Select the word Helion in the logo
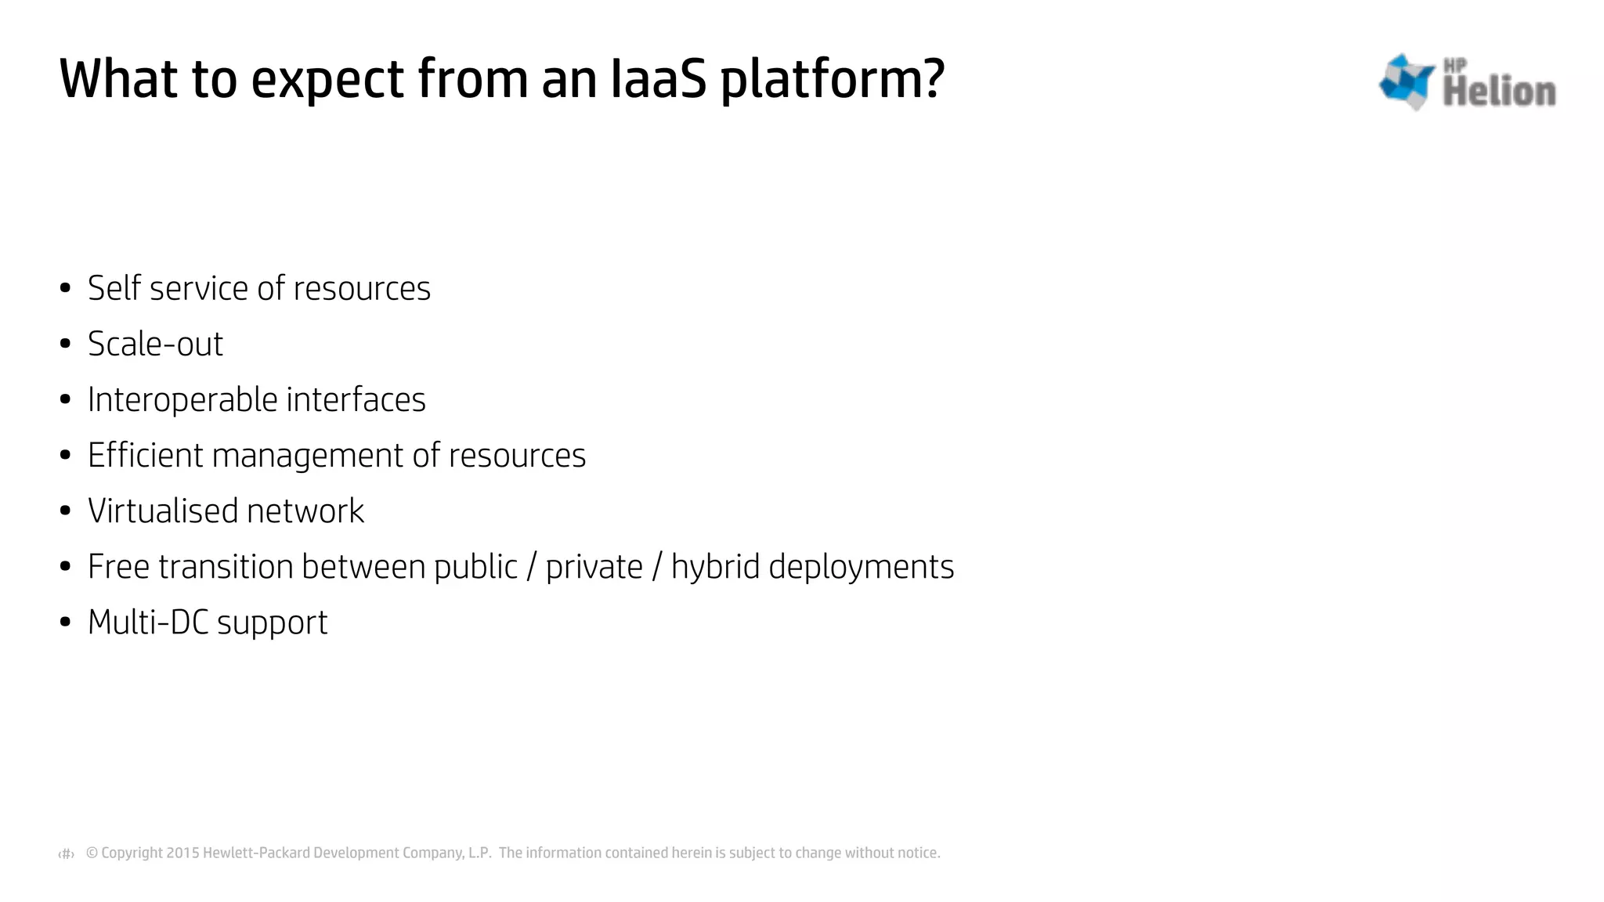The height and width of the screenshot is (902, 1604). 1498,92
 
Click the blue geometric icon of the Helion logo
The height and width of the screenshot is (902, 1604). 1407,81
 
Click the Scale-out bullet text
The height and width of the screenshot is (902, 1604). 155,344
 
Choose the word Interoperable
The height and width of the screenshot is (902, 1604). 182,400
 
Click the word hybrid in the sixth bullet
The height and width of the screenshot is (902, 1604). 715,567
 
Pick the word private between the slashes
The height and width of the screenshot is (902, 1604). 594,567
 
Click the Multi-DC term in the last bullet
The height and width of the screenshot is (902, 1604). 148,622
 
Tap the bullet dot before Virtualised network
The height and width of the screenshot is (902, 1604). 66,511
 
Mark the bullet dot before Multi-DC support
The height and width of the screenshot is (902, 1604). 66,622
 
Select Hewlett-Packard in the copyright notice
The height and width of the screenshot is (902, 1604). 256,853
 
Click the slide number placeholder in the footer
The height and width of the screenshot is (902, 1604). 67,854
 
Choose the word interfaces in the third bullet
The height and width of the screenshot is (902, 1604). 356,400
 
